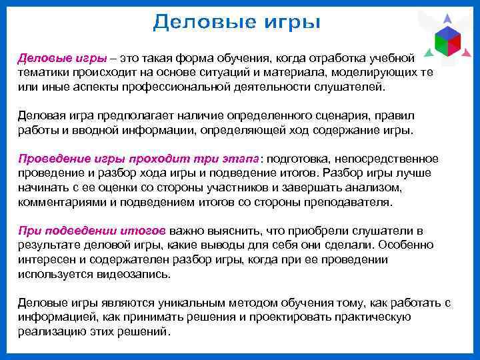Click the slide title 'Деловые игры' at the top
click(237, 23)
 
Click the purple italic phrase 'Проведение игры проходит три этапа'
click(138, 159)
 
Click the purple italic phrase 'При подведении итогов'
click(91, 231)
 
